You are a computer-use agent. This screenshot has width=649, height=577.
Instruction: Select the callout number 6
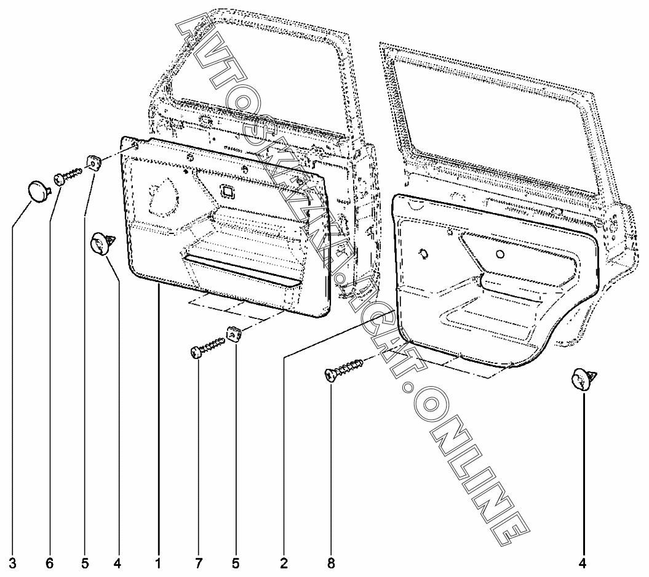click(49, 562)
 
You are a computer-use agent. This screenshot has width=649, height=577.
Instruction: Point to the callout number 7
click(198, 562)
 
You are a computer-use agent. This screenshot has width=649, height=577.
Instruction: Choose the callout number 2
click(284, 562)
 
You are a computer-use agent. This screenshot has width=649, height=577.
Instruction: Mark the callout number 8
click(331, 562)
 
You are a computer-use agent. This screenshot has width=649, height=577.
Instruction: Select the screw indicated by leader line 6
click(69, 176)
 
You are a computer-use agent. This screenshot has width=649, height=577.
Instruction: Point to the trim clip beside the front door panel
click(102, 241)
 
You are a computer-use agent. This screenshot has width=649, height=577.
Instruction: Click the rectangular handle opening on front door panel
click(228, 191)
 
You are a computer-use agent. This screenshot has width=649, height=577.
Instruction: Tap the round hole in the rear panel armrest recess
click(500, 254)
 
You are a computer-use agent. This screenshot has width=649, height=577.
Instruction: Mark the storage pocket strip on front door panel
click(243, 270)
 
